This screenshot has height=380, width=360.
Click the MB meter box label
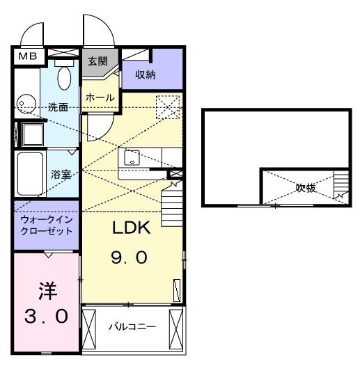[x=28, y=56]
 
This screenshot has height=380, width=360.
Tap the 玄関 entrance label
[x=95, y=61]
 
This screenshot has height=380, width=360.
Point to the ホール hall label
[x=100, y=98]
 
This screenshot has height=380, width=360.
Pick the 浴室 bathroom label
[x=61, y=174]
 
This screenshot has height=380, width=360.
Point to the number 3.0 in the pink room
[x=46, y=317]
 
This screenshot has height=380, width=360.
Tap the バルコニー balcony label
[x=132, y=326]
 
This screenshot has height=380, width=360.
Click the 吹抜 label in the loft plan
[x=306, y=187]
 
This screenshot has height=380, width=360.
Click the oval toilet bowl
[x=65, y=77]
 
